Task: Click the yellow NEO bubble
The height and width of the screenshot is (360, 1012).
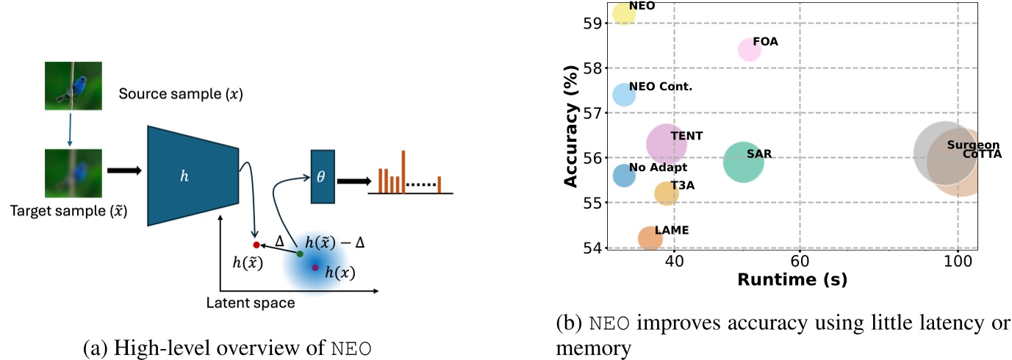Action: pos(623,13)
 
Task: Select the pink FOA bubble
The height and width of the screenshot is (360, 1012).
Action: pos(750,49)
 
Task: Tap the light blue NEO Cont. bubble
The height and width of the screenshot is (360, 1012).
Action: pos(623,95)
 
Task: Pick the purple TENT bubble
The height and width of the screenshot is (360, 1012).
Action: pos(666,144)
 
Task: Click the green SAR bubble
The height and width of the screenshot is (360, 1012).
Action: pos(743,162)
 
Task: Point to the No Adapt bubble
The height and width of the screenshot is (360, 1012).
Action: pos(623,175)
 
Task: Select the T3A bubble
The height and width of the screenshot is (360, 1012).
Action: pos(666,192)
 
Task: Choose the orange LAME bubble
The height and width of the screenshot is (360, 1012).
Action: pos(650,237)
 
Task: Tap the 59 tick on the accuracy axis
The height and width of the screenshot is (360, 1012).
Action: pos(592,24)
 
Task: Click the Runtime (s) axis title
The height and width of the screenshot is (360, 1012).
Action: pos(792,279)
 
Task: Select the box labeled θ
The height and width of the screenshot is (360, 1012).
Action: pos(322,176)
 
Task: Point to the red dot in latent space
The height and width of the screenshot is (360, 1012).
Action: pos(256,245)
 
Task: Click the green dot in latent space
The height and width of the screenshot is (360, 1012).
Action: pos(300,253)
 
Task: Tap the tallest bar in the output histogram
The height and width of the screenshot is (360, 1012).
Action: pos(403,171)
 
